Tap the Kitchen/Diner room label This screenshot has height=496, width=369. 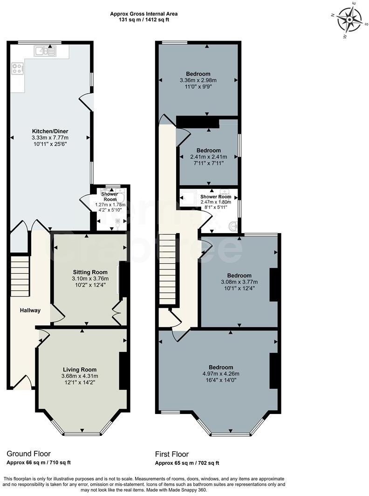pyautogui.click(x=50, y=131)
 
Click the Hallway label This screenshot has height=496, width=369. pyautogui.click(x=30, y=310)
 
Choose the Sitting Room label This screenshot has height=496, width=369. pyautogui.click(x=90, y=272)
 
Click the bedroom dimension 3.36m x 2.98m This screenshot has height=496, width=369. pyautogui.click(x=198, y=80)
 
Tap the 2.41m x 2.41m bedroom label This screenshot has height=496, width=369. pyautogui.click(x=208, y=157)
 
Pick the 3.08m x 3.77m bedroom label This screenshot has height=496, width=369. pyautogui.click(x=239, y=282)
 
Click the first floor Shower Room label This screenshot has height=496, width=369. pyautogui.click(x=216, y=196)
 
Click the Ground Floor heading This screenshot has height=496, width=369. pyautogui.click(x=28, y=454)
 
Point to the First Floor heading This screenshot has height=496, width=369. pyautogui.click(x=172, y=454)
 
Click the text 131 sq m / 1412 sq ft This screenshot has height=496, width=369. pyautogui.click(x=143, y=20)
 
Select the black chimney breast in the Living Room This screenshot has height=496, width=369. pyautogui.click(x=123, y=371)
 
